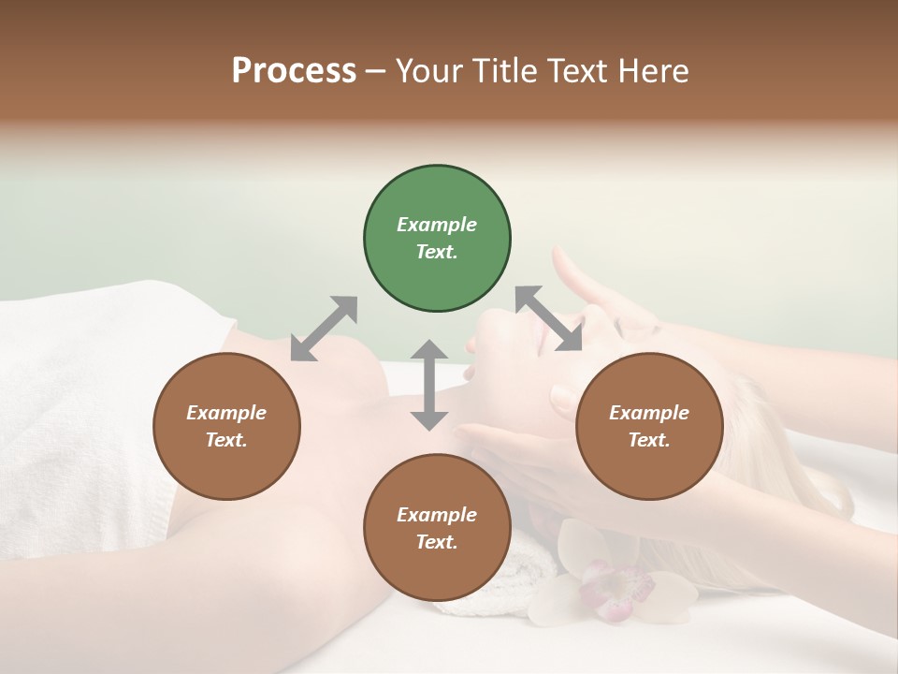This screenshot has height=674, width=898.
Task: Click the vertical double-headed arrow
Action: (x=429, y=385)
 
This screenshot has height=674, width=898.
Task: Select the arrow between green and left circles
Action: (x=324, y=329)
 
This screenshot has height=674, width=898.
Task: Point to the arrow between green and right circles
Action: (x=549, y=318)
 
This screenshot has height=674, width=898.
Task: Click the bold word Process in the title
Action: (x=294, y=71)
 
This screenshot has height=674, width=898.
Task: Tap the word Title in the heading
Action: (x=506, y=71)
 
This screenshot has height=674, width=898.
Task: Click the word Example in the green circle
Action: (x=437, y=225)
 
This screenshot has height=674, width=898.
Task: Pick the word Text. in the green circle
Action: (x=437, y=252)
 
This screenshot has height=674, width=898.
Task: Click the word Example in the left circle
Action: (x=226, y=413)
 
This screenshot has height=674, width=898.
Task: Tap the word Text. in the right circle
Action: (x=649, y=440)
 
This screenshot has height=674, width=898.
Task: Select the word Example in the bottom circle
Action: (x=437, y=515)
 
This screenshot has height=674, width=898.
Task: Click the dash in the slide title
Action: (x=375, y=71)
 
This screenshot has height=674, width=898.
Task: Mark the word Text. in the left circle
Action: (x=226, y=440)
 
